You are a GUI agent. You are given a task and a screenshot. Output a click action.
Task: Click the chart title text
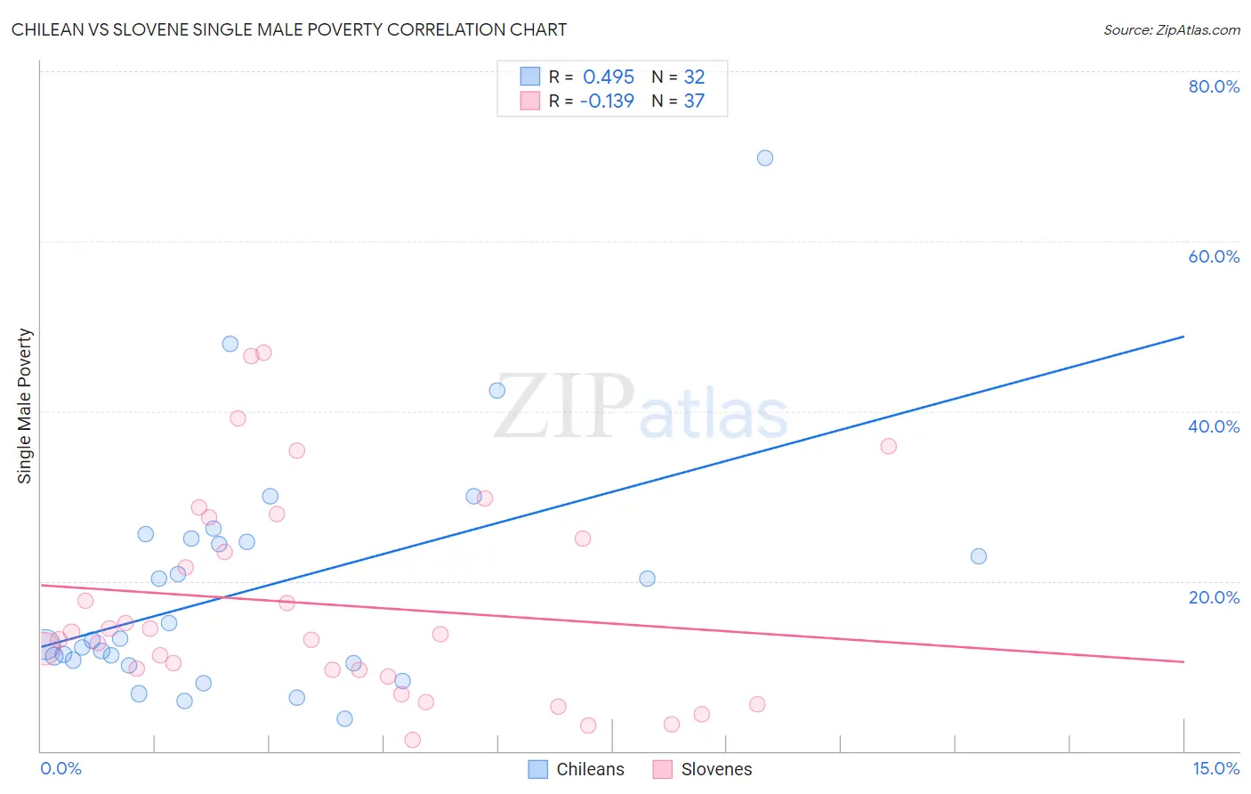289,29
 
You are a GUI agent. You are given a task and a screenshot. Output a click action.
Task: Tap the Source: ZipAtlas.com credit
1171,29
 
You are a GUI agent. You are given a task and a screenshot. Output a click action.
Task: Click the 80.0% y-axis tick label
1214,86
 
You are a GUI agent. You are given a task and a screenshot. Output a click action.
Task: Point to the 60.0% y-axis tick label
1214,256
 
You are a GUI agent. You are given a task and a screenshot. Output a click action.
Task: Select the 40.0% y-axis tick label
1214,426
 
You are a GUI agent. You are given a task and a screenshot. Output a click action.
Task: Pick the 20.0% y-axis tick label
1214,596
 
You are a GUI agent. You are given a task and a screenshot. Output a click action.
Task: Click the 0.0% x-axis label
61,768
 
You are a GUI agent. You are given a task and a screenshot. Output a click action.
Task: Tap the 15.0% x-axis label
1215,768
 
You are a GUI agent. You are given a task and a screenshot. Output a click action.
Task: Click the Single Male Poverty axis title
25,406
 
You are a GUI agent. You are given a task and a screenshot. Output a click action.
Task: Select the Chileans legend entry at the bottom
577,769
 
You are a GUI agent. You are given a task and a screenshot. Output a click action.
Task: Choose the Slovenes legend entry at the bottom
702,769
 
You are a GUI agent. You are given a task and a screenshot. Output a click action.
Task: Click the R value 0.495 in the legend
609,77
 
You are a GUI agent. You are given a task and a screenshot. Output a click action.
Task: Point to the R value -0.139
607,101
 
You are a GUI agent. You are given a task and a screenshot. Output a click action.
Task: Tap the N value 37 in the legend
694,101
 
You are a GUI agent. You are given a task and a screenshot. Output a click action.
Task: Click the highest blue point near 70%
765,158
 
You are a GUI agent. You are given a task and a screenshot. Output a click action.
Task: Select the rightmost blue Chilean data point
979,556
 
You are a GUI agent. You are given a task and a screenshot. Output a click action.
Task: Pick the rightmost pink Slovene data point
888,446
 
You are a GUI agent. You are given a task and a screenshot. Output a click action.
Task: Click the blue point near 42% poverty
497,390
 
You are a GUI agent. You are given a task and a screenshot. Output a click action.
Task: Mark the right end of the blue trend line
1183,336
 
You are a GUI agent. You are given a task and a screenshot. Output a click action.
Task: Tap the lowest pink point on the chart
412,740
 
